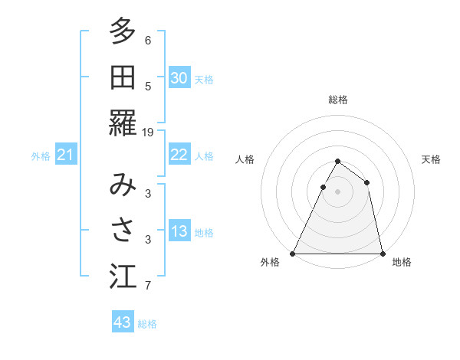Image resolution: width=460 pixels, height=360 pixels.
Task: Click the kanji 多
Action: point(123,31)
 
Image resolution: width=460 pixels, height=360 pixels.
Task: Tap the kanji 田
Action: point(123,77)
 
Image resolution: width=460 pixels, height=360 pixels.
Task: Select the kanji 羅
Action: point(123,123)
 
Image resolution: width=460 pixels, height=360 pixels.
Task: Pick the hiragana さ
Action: point(123,231)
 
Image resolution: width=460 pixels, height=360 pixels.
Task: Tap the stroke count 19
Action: point(148,132)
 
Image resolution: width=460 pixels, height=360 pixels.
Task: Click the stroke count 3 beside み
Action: point(148,193)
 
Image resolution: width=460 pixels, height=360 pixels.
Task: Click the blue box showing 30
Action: point(179,78)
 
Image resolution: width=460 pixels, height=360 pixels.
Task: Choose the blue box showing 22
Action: point(179,155)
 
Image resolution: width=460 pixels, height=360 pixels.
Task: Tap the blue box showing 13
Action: point(179,232)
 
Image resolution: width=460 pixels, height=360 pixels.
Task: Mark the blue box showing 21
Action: point(66,155)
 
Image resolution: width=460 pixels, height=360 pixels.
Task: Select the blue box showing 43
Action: point(122,322)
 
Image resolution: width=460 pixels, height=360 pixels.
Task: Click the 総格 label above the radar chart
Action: point(338,100)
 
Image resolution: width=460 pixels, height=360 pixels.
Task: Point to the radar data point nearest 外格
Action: point(294,254)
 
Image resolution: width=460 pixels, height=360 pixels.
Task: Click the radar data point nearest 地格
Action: point(382,254)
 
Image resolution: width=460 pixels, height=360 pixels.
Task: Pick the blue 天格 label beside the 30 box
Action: point(204,79)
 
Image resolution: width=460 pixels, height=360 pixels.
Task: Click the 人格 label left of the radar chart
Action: point(245,159)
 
